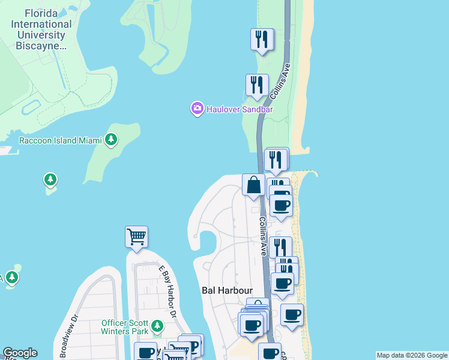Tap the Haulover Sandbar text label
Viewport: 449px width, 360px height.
pos(240,109)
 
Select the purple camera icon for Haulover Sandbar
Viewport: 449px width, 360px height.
pos(197,109)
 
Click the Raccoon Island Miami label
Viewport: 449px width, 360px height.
pos(56,140)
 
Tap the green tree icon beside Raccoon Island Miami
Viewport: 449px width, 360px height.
pos(110,140)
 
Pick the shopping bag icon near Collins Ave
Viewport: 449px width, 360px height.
pos(253,184)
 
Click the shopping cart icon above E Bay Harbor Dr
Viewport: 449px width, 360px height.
pos(136,236)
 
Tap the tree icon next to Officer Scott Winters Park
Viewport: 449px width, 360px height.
pos(157,326)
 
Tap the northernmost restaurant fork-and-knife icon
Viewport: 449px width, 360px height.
pos(262,40)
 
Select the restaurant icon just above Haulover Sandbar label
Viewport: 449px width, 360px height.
pos(257,85)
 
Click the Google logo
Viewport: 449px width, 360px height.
pos(20,353)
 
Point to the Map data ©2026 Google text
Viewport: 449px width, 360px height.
pos(412,355)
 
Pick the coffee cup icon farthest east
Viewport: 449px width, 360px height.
pos(292,314)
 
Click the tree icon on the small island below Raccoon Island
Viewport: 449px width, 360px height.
pos(50,179)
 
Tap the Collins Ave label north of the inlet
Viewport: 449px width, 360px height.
pos(280,82)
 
